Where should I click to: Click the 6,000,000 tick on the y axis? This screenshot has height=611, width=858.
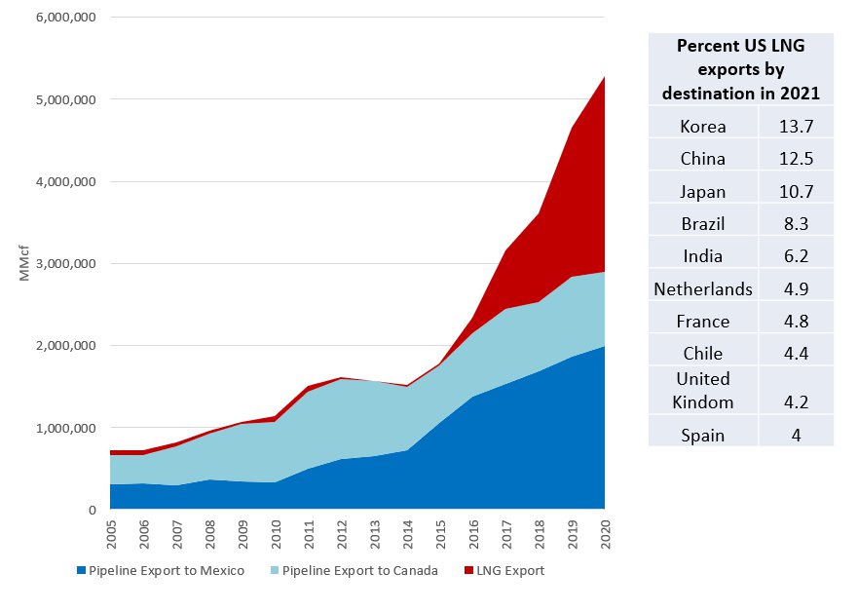click(64, 18)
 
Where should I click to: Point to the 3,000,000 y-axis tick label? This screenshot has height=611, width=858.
click(64, 264)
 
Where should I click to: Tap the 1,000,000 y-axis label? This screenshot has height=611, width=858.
click(64, 428)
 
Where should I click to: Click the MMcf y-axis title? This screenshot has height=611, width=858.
click(25, 264)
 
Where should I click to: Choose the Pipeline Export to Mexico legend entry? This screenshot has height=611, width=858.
click(161, 570)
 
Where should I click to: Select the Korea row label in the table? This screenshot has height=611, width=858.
click(702, 126)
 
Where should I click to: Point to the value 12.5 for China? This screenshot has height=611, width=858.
click(795, 159)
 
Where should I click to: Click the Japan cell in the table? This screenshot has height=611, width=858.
click(702, 192)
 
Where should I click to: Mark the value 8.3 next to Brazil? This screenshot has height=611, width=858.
click(795, 223)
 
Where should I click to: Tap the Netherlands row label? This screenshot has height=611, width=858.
click(703, 288)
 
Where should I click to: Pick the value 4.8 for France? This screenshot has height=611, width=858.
click(795, 321)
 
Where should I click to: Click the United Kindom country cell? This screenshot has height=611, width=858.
click(702, 390)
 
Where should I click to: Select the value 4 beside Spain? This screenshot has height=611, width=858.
click(795, 435)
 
